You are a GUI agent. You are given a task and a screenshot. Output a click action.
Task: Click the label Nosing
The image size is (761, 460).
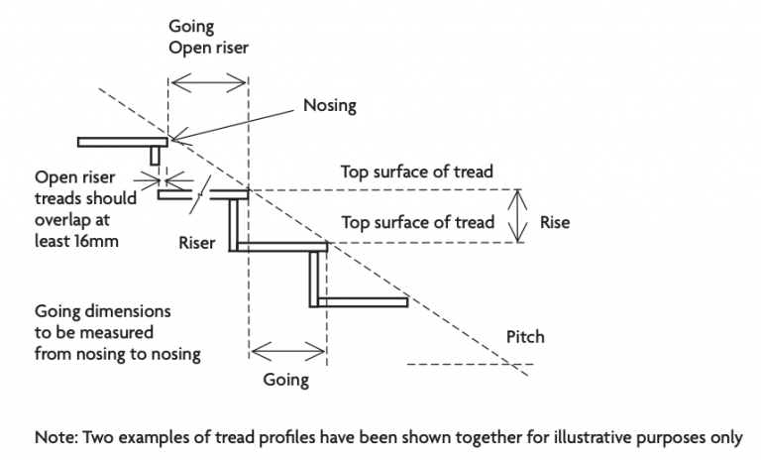tap(330, 104)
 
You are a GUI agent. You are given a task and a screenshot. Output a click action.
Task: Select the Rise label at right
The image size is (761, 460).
tap(555, 222)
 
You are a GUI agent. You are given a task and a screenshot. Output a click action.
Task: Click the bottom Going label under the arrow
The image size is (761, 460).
tap(285, 380)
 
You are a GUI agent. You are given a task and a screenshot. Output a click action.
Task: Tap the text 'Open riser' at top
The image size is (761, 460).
tap(208, 48)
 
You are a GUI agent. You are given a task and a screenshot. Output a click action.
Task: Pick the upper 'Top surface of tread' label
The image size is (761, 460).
tap(417, 172)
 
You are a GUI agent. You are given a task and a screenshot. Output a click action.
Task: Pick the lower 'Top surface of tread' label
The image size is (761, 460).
tap(417, 222)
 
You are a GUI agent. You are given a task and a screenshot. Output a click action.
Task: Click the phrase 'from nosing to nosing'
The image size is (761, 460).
tap(117, 354)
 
